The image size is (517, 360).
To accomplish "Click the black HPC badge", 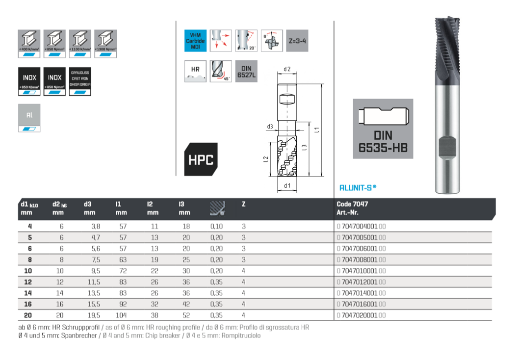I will point(201,159).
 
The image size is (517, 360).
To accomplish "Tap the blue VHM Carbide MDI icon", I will point(195,41).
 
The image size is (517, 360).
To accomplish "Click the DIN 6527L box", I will point(246,71).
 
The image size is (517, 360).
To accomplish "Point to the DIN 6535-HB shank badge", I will point(383,129).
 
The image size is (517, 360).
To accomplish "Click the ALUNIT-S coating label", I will point(358,187).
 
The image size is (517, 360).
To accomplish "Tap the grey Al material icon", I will point(29,118).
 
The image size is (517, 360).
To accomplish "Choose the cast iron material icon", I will point(81,81).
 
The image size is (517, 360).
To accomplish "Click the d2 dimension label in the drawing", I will point(287,69).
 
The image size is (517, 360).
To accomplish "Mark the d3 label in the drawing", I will point(270,127).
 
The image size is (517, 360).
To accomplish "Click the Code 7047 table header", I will point(352,204).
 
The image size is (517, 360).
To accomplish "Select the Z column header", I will point(243,204).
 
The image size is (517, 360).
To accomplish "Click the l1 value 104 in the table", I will point(121,315).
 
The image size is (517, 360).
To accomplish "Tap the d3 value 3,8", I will point(89,227).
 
